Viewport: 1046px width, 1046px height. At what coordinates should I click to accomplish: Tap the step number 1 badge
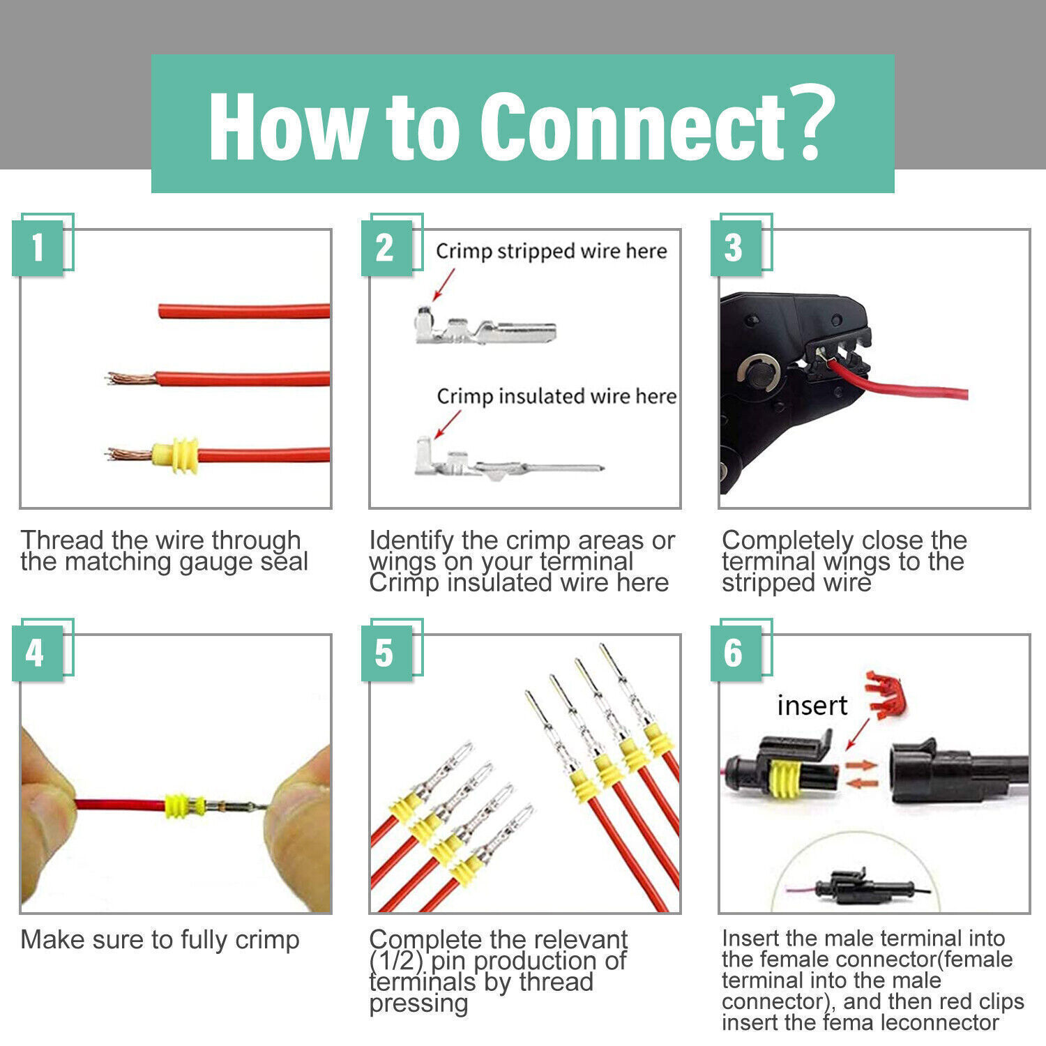pyautogui.click(x=38, y=248)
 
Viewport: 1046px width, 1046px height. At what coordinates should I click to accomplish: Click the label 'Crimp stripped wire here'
pyautogui.click(x=551, y=251)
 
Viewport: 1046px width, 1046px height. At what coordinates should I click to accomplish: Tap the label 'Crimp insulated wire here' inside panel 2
pyautogui.click(x=556, y=396)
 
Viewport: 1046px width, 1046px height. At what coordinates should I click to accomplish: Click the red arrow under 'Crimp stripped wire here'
pyautogui.click(x=444, y=285)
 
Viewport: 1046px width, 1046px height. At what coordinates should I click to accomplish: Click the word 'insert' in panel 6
pyautogui.click(x=812, y=706)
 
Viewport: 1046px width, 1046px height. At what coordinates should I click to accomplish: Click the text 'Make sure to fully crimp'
pyautogui.click(x=160, y=939)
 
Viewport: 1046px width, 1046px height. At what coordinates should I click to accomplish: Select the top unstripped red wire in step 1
pyautogui.click(x=244, y=310)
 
